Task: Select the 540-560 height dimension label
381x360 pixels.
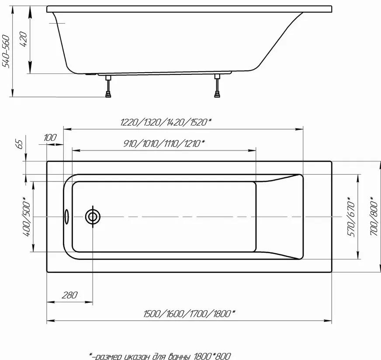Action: pyautogui.click(x=5, y=51)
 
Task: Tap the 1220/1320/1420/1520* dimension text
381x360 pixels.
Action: pyautogui.click(x=166, y=122)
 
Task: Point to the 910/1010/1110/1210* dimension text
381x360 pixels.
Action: pyautogui.click(x=164, y=143)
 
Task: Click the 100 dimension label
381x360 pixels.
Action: pyautogui.click(x=50, y=138)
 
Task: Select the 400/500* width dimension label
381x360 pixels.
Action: pyautogui.click(x=26, y=217)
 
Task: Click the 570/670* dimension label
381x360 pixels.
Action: pyautogui.click(x=351, y=217)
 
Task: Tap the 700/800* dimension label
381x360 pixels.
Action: pyautogui.click(x=374, y=216)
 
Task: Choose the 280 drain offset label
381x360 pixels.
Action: pyautogui.click(x=69, y=295)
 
